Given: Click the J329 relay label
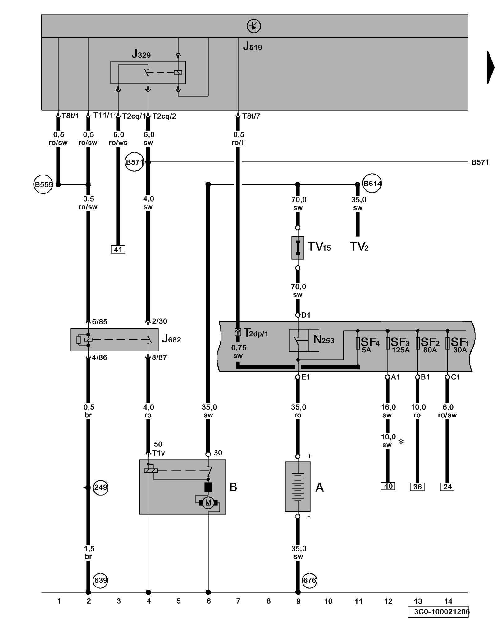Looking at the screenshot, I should (141, 54).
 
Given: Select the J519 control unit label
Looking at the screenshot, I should (252, 47).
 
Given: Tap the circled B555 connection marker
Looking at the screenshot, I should (43, 184).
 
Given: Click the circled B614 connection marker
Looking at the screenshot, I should (372, 184).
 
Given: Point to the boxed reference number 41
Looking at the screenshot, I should (118, 249).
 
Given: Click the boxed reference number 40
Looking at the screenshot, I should (388, 486).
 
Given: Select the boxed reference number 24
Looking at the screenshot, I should (447, 487).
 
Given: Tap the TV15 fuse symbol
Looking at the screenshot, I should (298, 247).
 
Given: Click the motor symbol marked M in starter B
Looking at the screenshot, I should (208, 502).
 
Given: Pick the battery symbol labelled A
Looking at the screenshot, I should (298, 486).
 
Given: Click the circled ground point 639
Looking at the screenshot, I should (100, 580).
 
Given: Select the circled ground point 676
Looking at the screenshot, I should (309, 580).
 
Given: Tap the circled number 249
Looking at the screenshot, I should (100, 487).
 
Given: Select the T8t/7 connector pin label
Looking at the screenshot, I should (251, 116).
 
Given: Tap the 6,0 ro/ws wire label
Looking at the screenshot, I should (118, 138).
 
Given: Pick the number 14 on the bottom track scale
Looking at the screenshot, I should (448, 601).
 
